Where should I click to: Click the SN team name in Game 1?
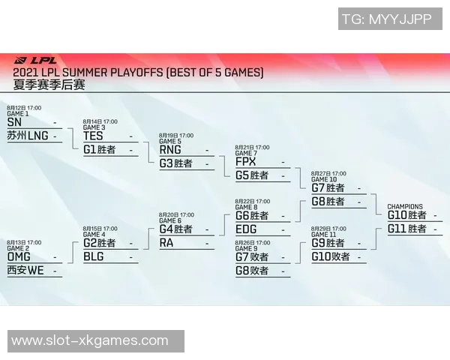(x=14, y=122)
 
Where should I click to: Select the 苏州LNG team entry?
(x=27, y=136)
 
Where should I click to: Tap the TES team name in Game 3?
(x=93, y=136)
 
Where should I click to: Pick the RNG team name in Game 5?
(x=170, y=150)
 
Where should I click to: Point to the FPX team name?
(x=245, y=162)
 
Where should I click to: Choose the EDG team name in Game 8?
(x=246, y=229)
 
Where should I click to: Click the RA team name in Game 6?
(x=166, y=243)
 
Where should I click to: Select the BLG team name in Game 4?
(x=94, y=256)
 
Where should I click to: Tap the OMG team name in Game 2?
(x=19, y=257)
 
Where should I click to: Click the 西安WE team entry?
(x=25, y=271)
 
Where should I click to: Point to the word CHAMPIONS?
(x=405, y=206)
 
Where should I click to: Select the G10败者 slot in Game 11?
(x=330, y=256)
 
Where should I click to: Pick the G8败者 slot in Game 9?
(x=252, y=271)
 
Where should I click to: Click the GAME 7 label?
(x=246, y=154)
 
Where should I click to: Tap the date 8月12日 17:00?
(x=24, y=108)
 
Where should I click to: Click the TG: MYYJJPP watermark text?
(x=386, y=19)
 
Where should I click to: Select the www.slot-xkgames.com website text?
(x=90, y=340)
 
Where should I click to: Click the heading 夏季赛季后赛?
(x=49, y=85)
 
